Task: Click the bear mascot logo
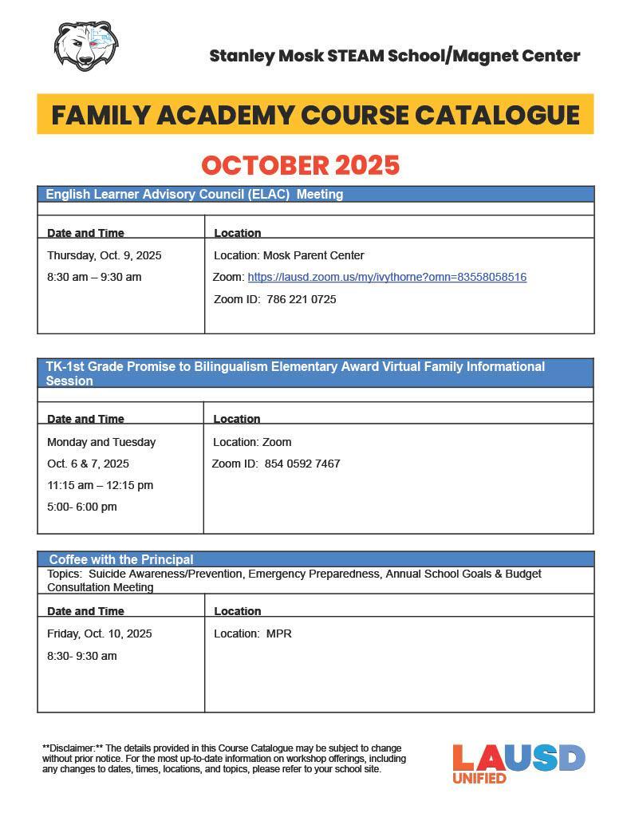[x=86, y=46]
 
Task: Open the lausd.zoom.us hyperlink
[x=387, y=278]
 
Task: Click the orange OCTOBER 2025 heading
[x=301, y=165]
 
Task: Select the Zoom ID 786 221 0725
[x=302, y=300]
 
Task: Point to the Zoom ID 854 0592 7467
[x=302, y=464]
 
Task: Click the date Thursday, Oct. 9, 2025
[x=104, y=256]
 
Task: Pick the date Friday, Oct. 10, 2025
[x=99, y=634]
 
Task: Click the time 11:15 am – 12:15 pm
[x=100, y=485]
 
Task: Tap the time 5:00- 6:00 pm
[x=81, y=507]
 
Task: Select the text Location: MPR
[x=252, y=634]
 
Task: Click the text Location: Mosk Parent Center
[x=289, y=256]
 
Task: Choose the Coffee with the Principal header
[x=121, y=559]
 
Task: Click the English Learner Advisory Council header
[x=194, y=194]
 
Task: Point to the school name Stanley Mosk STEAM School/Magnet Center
[x=394, y=56]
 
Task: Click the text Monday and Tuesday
[x=101, y=442]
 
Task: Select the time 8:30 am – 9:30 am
[x=94, y=278]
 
